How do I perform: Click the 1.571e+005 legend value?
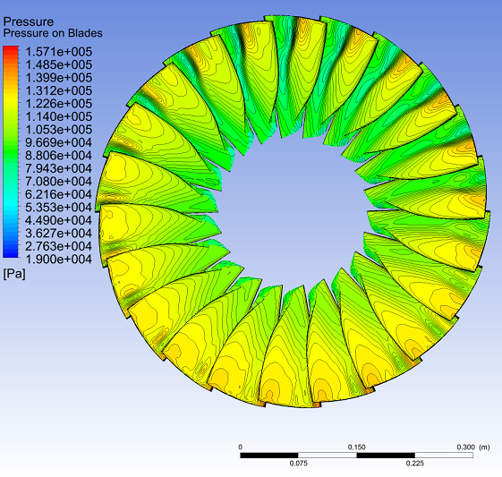tap(58, 52)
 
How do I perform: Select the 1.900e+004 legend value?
tap(58, 259)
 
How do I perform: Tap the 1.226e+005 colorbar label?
tap(58, 104)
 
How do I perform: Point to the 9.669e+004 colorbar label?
tap(58, 142)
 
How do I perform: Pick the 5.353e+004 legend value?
tap(58, 207)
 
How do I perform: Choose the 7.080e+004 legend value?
tap(58, 181)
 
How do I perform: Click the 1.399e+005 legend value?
tap(58, 78)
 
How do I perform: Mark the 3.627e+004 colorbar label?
tap(58, 233)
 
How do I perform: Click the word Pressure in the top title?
tap(29, 21)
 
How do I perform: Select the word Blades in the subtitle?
tap(85, 33)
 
